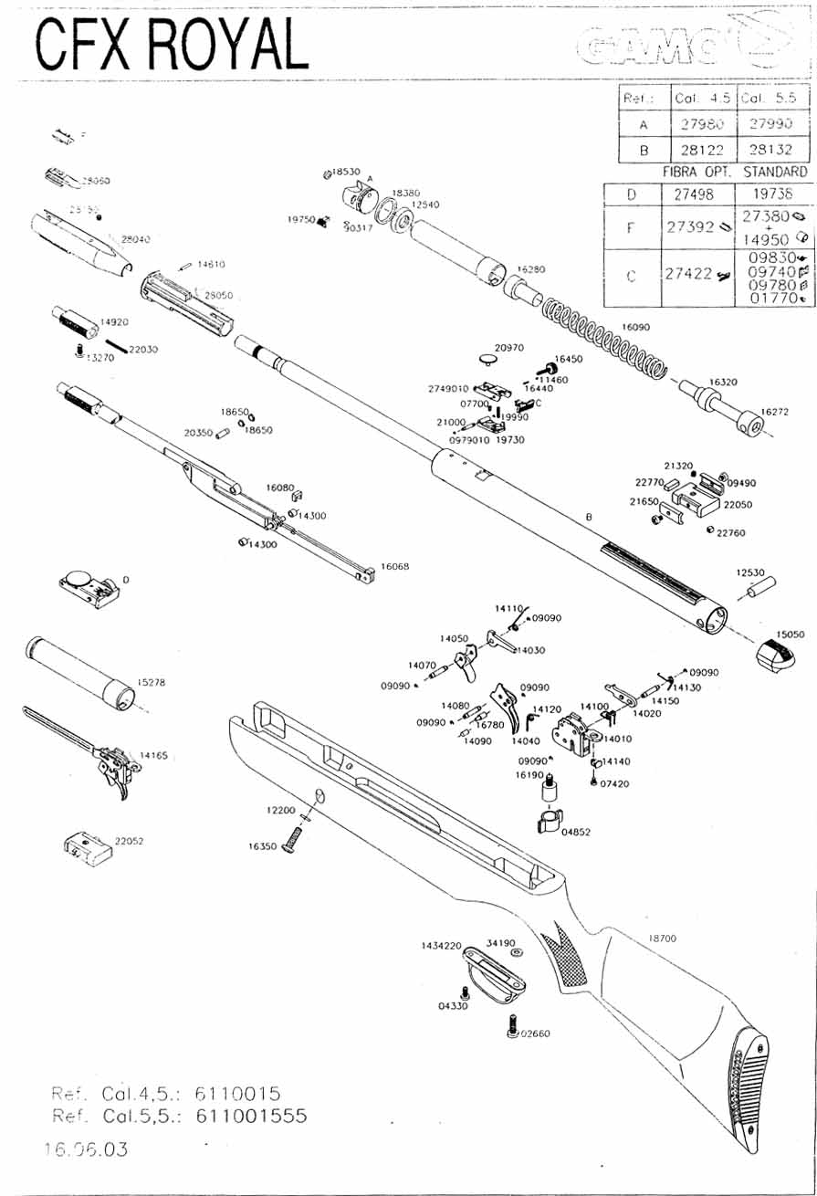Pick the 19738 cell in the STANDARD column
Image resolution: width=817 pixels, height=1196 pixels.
771,194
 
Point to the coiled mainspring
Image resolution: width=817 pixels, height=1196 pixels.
602,334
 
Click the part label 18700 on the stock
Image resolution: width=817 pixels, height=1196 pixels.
663,938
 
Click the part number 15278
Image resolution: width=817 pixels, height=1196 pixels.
151,681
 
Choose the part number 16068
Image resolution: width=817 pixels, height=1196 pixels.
394,567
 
